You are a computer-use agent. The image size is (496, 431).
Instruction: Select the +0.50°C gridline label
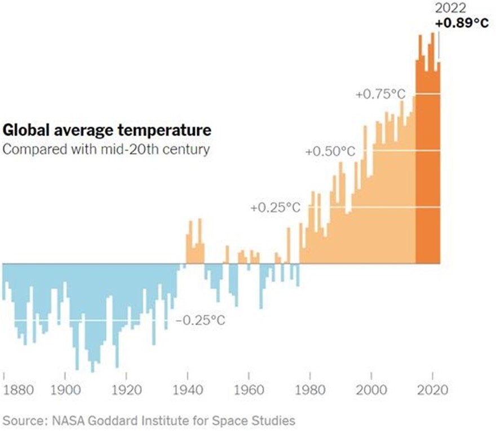coord(331,152)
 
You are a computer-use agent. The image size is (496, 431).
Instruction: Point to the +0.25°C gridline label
coord(276,208)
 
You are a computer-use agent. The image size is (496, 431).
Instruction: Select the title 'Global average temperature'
coord(107,131)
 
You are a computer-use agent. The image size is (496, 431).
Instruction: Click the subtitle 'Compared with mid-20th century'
coord(106,150)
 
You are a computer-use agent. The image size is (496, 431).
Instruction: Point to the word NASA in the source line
coord(69,420)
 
